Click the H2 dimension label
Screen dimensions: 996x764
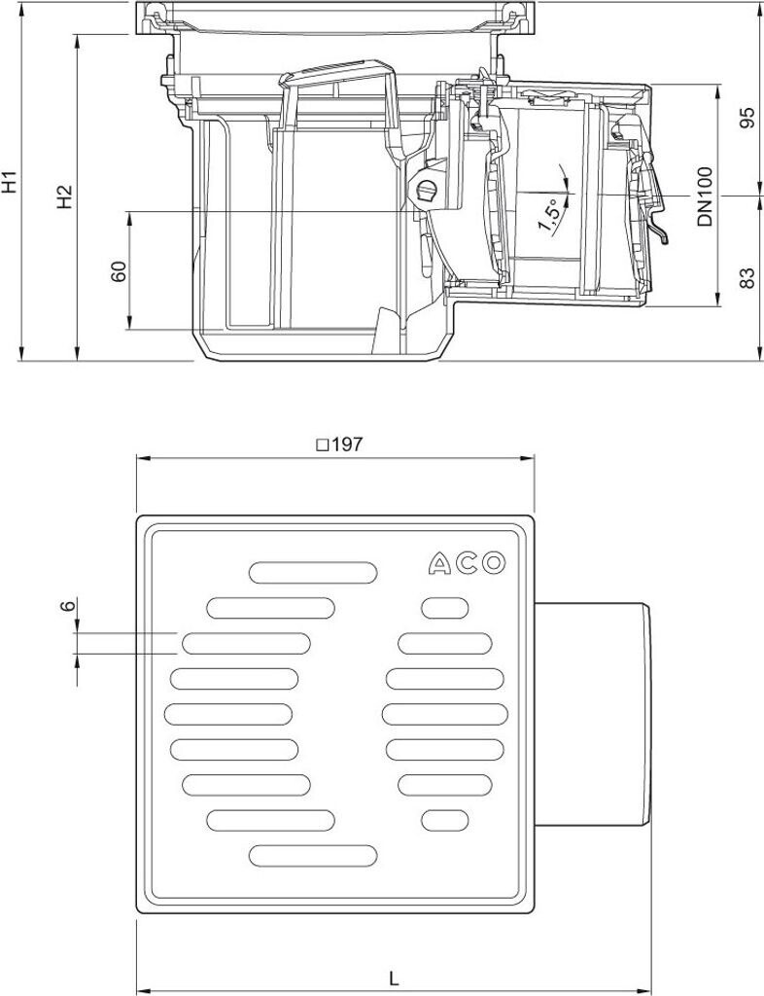64,196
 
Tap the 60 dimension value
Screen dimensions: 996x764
119,271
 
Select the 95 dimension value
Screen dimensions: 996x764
747,118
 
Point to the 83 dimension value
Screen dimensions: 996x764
747,279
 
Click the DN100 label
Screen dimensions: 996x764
705,197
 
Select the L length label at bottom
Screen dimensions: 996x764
393,977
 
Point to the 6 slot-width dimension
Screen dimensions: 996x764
67,606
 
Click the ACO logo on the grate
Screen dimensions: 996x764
468,563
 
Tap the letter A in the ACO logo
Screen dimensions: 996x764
440,563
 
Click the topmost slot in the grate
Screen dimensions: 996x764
313,572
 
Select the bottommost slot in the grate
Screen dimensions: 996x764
313,855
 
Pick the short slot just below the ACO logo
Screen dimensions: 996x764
444,609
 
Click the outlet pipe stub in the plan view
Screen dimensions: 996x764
593,714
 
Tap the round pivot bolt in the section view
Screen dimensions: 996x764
424,192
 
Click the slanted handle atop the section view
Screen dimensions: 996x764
335,76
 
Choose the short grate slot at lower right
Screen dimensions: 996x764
444,820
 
